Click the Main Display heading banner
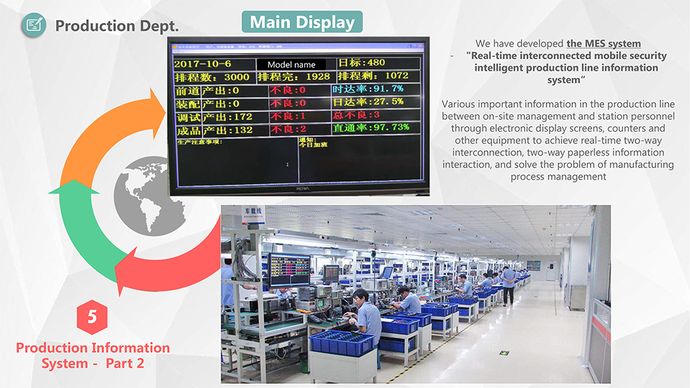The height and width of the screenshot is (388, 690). pyautogui.click(x=303, y=22)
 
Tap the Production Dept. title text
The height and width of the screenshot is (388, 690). pyautogui.click(x=117, y=26)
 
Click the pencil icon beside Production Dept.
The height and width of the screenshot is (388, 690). pyautogui.click(x=32, y=26)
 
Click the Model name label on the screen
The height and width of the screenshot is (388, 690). pyautogui.click(x=291, y=65)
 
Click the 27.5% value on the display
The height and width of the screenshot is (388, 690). pyautogui.click(x=387, y=102)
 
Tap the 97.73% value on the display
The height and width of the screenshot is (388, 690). pyautogui.click(x=390, y=127)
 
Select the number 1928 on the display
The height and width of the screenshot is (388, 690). pyautogui.click(x=318, y=76)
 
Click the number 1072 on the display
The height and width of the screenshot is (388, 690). pyautogui.click(x=397, y=76)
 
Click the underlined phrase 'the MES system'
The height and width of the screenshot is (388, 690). pyautogui.click(x=603, y=44)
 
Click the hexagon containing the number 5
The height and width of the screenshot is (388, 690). pyautogui.click(x=92, y=316)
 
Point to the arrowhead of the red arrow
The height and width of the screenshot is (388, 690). pyautogui.click(x=128, y=276)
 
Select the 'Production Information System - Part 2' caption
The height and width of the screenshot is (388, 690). pyautogui.click(x=92, y=356)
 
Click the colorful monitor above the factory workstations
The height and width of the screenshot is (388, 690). pyautogui.click(x=289, y=268)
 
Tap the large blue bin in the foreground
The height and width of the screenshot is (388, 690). pyautogui.click(x=341, y=342)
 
